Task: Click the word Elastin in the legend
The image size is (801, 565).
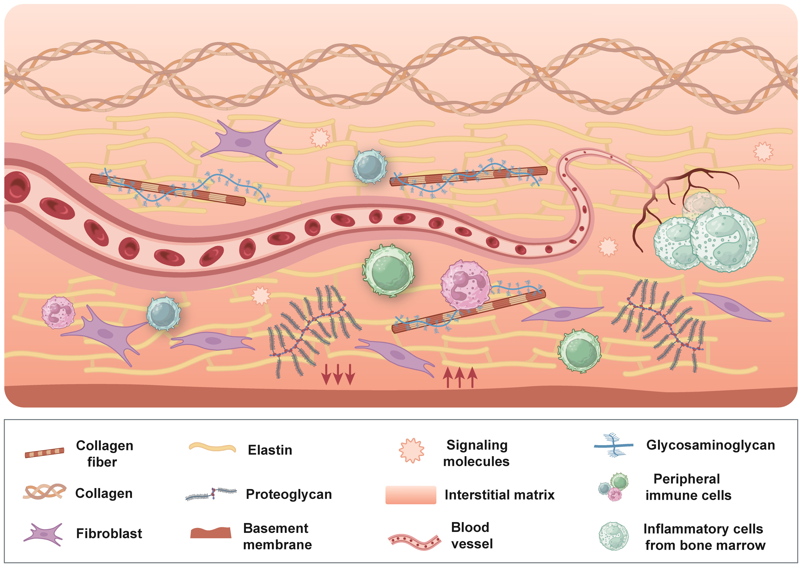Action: pos(270,450)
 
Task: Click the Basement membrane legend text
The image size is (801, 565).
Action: pos(277,536)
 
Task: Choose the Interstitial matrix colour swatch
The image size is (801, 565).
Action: pos(411,495)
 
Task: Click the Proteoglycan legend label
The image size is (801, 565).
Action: pos(289,494)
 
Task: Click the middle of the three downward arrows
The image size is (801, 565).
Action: pos(338,374)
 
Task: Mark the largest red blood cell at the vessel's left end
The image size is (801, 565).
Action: pos(17,187)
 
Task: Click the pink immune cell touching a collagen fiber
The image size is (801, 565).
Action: pos(465,285)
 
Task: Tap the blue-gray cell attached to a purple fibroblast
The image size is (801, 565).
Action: pos(163,313)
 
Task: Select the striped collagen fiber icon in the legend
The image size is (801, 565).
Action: pos(44,453)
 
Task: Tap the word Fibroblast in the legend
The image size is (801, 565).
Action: pos(109,533)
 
